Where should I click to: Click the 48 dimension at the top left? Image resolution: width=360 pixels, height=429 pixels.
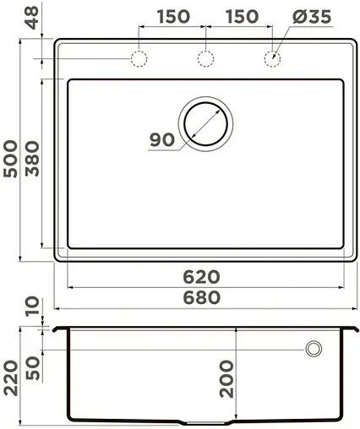coord(11,19)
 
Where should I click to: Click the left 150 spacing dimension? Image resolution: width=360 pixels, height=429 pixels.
coord(172,17)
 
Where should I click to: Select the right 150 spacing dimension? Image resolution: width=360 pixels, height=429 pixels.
coord(241,17)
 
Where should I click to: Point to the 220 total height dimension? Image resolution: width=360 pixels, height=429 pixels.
coord(11,374)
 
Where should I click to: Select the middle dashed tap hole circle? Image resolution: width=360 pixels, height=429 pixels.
coord(205,58)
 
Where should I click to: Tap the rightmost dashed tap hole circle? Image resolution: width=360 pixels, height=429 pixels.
coord(272,58)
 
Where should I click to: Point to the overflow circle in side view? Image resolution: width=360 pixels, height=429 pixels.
coord(314,347)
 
